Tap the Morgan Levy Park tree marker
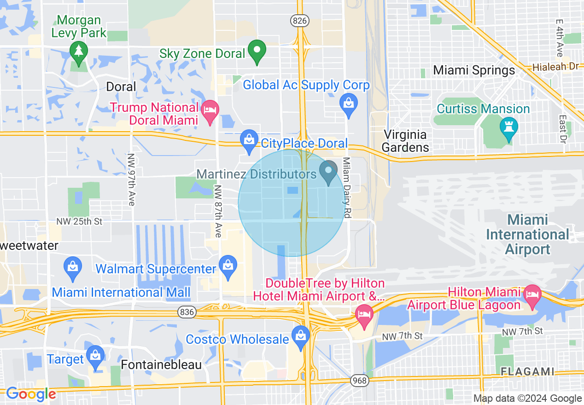[x=79, y=52]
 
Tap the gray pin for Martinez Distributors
[x=328, y=172]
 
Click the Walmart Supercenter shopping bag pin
[x=228, y=267]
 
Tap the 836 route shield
[x=187, y=312]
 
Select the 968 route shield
[x=359, y=381]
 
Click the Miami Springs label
[x=474, y=70]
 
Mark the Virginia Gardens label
[x=405, y=141]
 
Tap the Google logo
[x=30, y=394]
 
